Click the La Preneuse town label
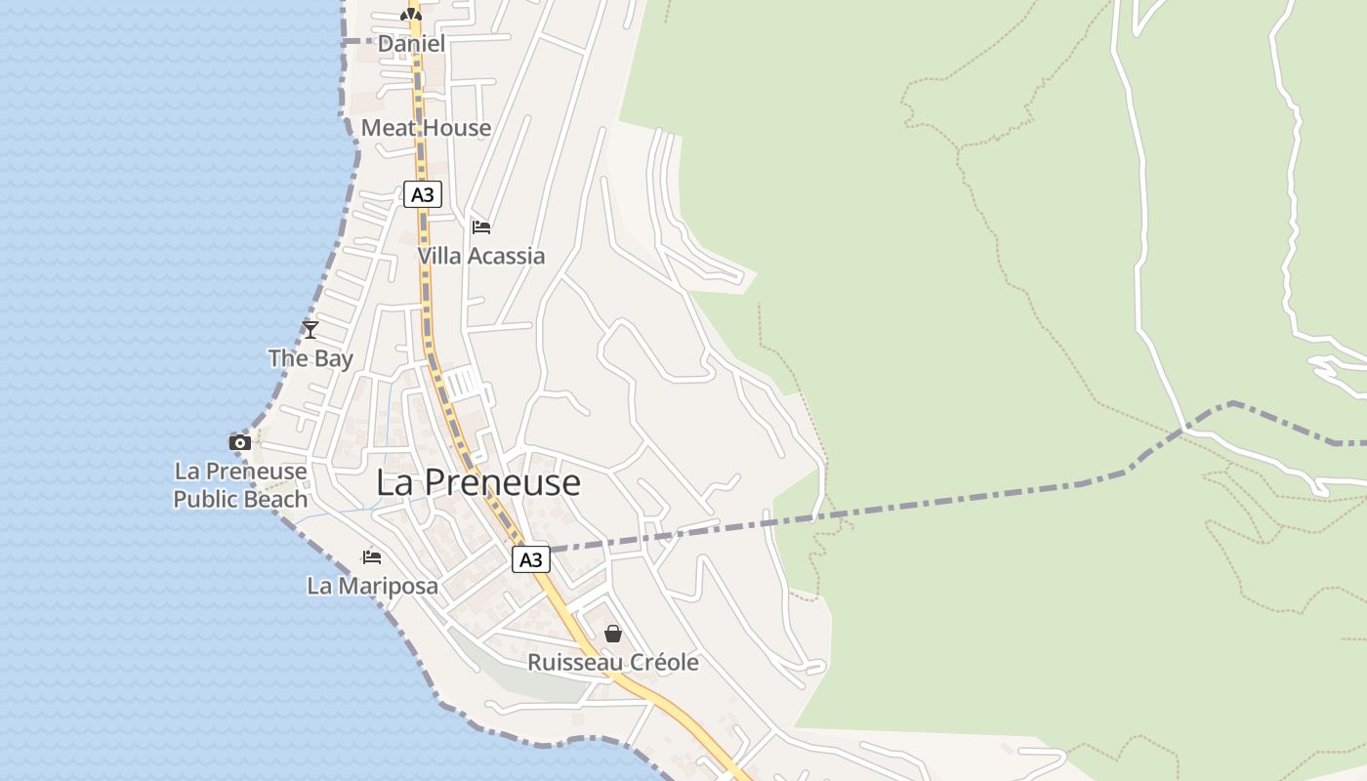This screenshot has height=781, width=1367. [477, 482]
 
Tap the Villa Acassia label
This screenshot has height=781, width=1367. [480, 256]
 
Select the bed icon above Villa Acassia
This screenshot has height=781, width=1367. [480, 227]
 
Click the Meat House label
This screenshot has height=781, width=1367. [426, 128]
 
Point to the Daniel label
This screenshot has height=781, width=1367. [411, 44]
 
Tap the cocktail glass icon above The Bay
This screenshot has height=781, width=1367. [311, 330]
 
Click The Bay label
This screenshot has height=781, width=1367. [311, 358]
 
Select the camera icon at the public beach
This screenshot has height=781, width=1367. [240, 442]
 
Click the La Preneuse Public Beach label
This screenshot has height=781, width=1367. [240, 485]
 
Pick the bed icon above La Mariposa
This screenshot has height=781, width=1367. [372, 557]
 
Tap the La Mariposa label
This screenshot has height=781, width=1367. [372, 586]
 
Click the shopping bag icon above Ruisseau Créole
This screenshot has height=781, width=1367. [613, 634]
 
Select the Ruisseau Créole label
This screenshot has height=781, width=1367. [613, 663]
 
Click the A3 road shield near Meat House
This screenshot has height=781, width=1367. [422, 194]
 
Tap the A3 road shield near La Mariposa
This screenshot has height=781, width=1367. [530, 559]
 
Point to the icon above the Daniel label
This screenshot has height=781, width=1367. [411, 14]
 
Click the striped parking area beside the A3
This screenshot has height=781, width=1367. [465, 384]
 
